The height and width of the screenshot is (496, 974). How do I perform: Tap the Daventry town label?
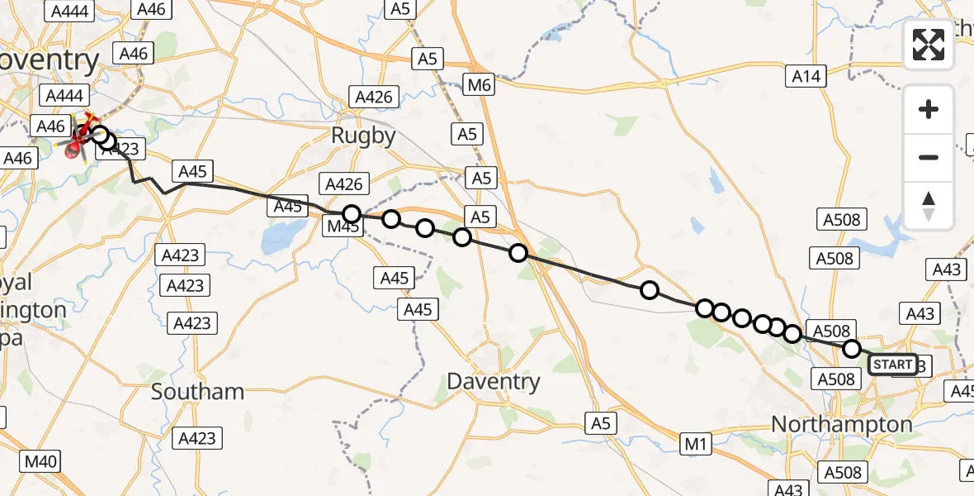coord(494,381)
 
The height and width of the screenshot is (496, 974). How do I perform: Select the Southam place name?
coord(197,391)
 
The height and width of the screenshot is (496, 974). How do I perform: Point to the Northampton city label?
coord(841,425)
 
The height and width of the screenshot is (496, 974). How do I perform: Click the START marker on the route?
coord(892,365)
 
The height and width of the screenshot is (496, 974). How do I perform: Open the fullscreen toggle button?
coord(929,45)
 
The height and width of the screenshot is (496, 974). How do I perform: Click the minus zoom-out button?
coord(929,157)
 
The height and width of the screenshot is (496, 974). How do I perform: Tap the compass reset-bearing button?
coord(929,205)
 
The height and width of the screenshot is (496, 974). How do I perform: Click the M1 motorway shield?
coord(697,445)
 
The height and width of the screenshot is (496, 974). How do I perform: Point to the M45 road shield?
coord(343,227)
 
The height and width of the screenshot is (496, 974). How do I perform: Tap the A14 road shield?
coord(806,77)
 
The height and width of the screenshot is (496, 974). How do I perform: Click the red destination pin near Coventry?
coord(75,148)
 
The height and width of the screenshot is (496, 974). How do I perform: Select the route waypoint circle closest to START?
coord(851,349)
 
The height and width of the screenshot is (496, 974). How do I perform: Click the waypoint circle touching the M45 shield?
coord(352,214)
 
